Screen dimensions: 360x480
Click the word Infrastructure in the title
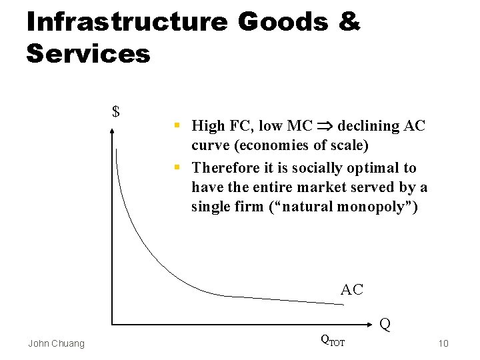127,22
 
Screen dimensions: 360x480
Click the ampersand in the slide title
349,22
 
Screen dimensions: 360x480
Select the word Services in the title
88,53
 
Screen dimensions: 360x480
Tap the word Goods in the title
283,22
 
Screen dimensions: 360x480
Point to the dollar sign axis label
116,111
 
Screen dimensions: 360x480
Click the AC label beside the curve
351,289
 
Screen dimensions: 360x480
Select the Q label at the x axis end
385,325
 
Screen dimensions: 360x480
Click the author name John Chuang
56,343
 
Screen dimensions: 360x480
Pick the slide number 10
443,343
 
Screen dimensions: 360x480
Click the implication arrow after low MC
326,126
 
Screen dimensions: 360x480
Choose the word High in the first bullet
208,125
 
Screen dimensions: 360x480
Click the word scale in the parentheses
349,145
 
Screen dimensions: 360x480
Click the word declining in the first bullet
369,125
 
